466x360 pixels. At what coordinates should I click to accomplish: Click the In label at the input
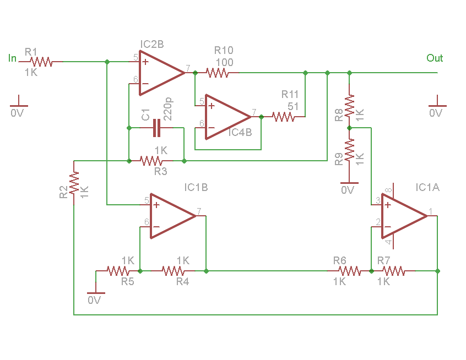point(12,58)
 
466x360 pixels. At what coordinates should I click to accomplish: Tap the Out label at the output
point(435,58)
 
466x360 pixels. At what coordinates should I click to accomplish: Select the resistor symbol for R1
point(41,62)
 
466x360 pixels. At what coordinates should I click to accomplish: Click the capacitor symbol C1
point(156,128)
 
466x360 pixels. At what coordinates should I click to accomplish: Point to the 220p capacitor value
point(168,109)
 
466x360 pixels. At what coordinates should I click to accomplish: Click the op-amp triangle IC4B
point(228,117)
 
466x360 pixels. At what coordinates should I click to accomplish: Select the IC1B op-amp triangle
point(174,216)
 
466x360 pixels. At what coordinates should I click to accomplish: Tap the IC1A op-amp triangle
point(404,216)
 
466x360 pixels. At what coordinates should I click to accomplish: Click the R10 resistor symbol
point(217,73)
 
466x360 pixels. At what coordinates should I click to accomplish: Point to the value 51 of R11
point(293,106)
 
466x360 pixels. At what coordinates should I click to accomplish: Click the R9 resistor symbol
point(349,150)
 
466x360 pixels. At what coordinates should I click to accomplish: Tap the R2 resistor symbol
point(74,183)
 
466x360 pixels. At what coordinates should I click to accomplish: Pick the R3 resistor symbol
point(151,161)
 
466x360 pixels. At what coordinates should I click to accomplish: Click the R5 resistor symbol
point(118,271)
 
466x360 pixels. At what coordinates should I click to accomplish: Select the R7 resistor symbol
point(393,271)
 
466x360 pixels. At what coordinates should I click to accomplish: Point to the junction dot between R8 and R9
point(349,128)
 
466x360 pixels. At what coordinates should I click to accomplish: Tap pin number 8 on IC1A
point(388,190)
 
